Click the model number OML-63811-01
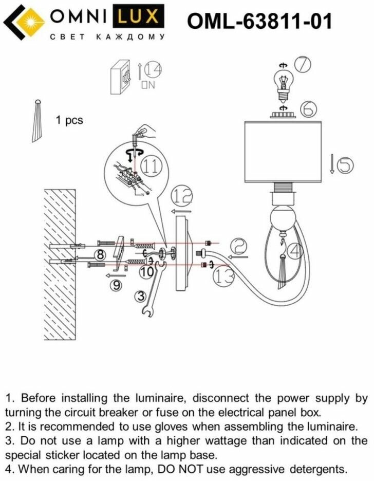click(x=259, y=22)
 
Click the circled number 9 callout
click(x=118, y=286)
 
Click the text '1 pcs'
click(x=69, y=121)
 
